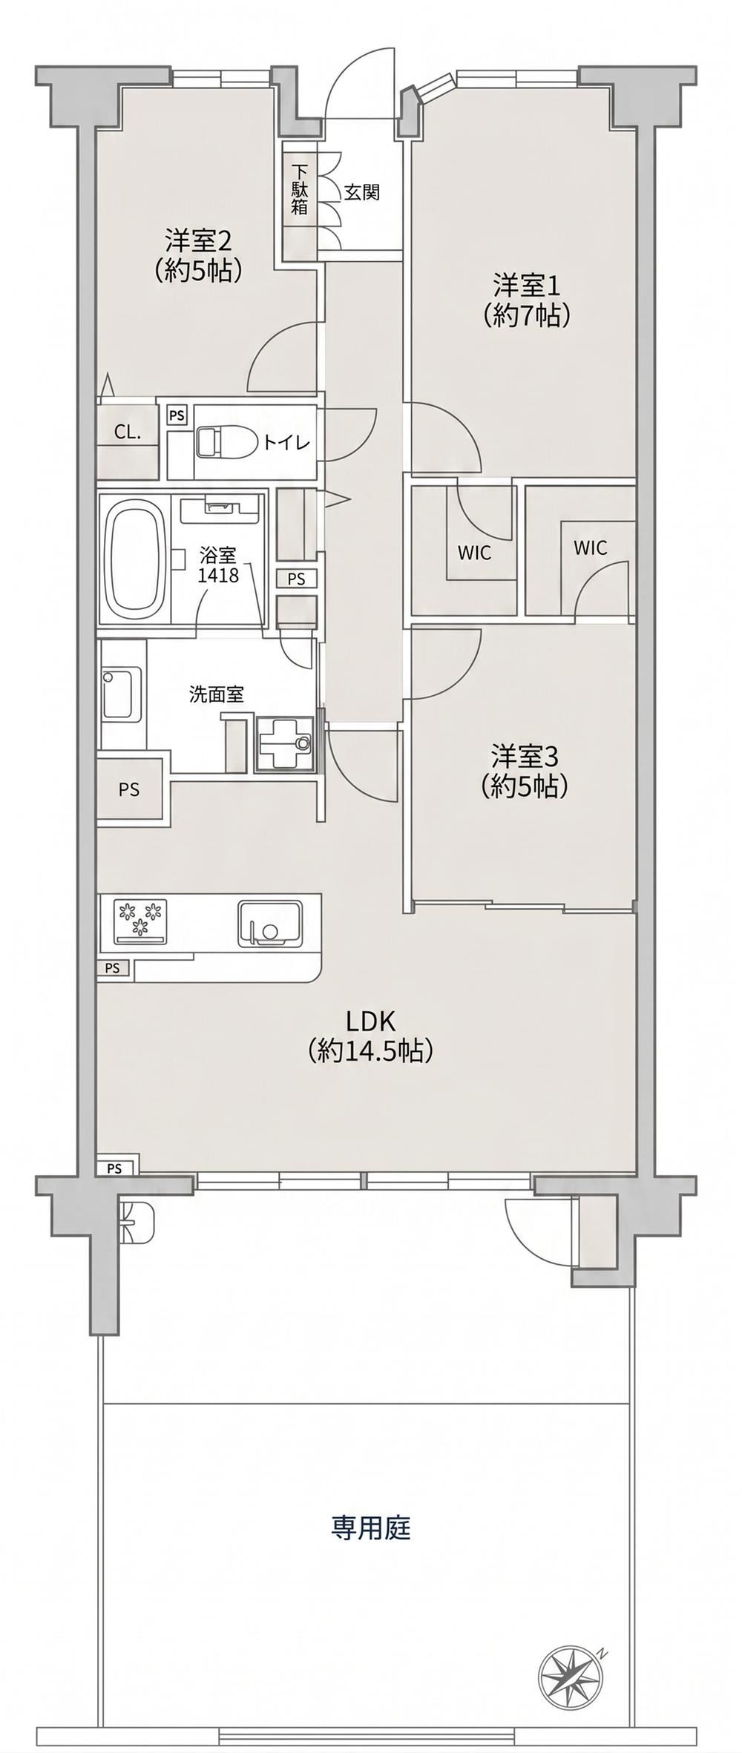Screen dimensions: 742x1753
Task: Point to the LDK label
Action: coord(369,1036)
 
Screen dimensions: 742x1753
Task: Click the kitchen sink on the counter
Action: coord(269,922)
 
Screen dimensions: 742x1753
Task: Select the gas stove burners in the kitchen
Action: coord(139,921)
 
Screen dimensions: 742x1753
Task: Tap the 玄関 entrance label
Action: coord(361,193)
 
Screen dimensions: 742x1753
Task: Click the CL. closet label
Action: coord(127,432)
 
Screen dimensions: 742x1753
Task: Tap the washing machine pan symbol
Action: coord(285,744)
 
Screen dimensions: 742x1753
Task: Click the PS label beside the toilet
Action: coord(177,415)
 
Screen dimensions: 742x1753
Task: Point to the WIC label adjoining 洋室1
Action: coord(474,553)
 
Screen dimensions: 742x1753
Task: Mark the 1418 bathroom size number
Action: coord(218,573)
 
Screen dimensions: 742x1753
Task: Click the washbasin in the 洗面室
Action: coord(122,693)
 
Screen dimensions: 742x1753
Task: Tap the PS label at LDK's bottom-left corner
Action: coord(114,1168)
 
